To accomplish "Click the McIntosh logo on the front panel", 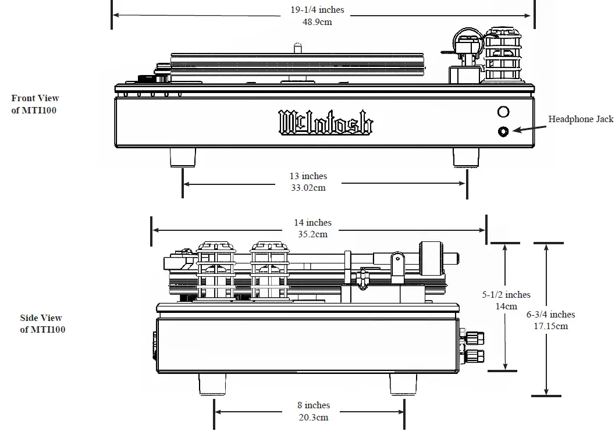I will (326, 122).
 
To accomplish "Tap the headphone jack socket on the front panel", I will (503, 131).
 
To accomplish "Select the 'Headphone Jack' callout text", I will (580, 119).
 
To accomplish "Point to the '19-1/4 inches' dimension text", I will (317, 9).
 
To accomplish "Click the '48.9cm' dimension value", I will (317, 22).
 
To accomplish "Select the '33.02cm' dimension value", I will (308, 188).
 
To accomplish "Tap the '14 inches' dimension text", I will (312, 223).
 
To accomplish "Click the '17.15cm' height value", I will (551, 326).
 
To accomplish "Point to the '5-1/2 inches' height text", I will (506, 295).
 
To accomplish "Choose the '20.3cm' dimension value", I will (313, 418).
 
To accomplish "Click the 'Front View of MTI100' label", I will (35, 104).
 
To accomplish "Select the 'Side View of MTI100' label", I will (41, 324).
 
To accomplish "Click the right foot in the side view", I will (403, 384).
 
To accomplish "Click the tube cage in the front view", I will (503, 54).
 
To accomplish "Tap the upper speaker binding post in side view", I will (474, 336).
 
